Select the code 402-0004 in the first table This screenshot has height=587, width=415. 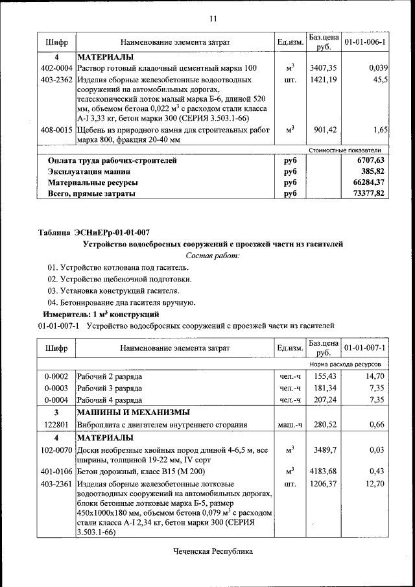(56, 68)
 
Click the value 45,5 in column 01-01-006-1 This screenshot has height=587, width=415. (380, 80)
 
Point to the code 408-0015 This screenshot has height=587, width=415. (56, 130)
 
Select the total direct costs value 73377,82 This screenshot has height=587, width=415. (371, 193)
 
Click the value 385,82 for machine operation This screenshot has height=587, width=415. (373, 171)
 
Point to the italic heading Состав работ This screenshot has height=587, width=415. (213, 256)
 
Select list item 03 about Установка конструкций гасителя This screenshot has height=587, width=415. (113, 291)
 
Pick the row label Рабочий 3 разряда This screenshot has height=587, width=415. (110, 388)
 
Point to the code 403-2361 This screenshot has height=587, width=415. (56, 484)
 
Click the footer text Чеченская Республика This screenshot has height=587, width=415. (212, 551)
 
